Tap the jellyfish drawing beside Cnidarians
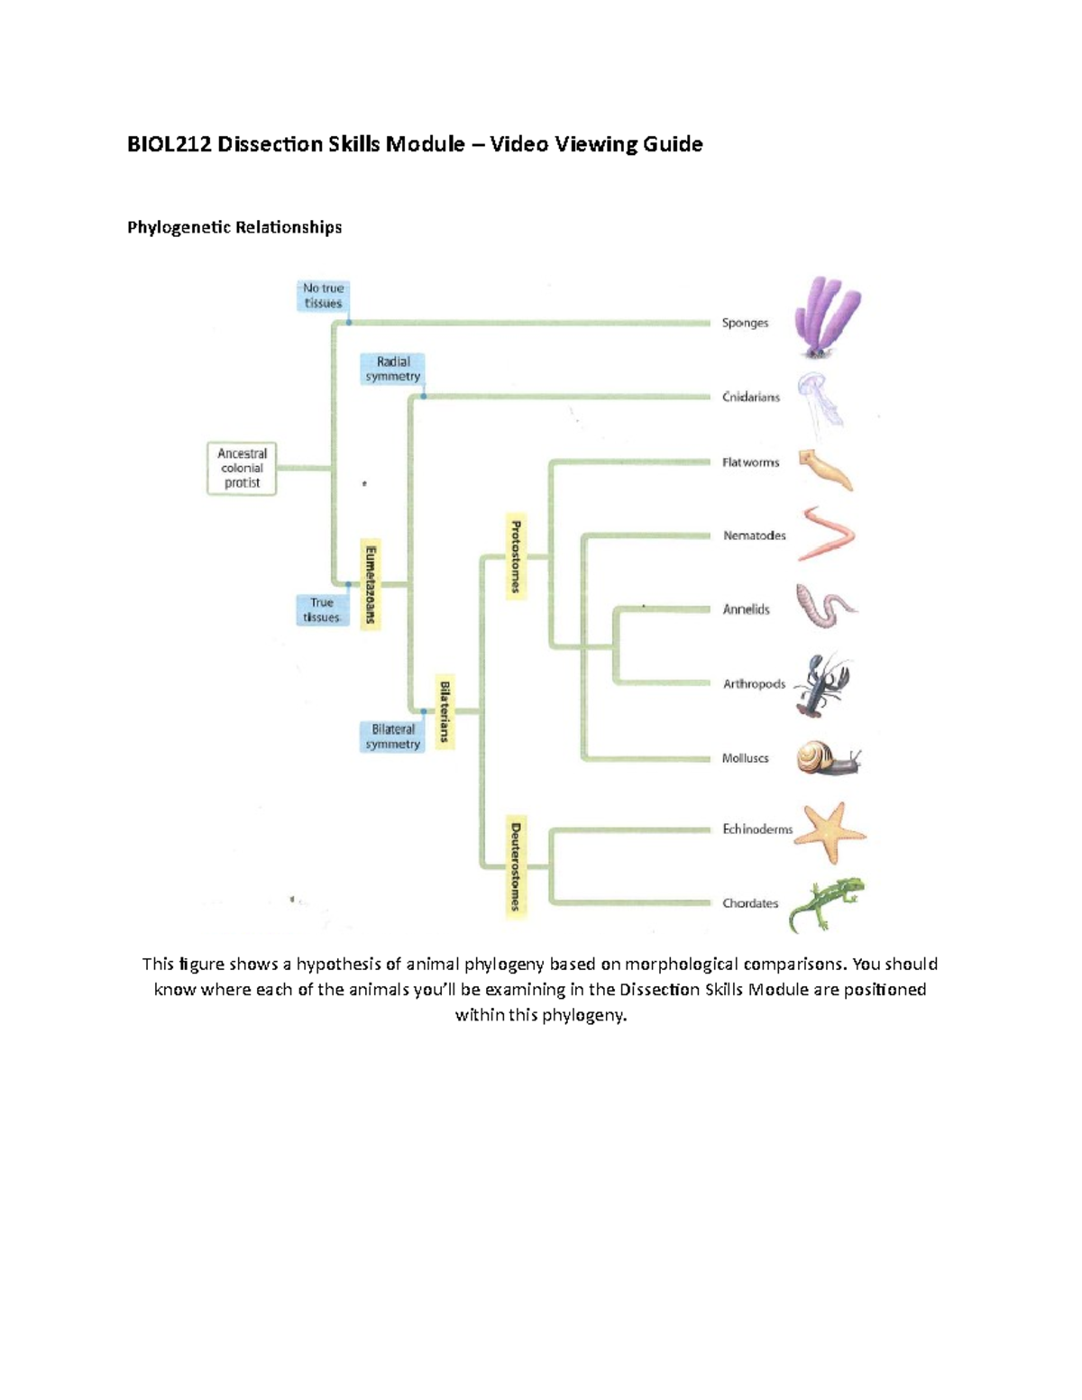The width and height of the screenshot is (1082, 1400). (820, 399)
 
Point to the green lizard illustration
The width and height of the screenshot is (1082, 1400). (825, 904)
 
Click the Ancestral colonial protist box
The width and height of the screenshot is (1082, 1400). (242, 469)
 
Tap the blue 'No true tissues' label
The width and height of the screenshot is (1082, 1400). (323, 296)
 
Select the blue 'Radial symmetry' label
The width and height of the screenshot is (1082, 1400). (392, 369)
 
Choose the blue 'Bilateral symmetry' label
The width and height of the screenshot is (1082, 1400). (392, 737)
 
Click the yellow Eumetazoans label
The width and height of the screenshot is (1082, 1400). (370, 584)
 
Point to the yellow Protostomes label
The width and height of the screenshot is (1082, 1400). (515, 556)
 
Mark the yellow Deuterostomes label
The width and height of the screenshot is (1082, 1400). (515, 866)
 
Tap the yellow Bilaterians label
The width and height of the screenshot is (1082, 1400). (444, 712)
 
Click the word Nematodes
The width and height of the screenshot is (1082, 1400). (754, 535)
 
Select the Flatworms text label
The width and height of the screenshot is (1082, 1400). (750, 462)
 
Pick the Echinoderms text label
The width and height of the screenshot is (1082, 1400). (756, 829)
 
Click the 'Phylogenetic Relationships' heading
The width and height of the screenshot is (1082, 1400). (234, 227)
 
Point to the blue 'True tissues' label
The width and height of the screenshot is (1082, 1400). (322, 610)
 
